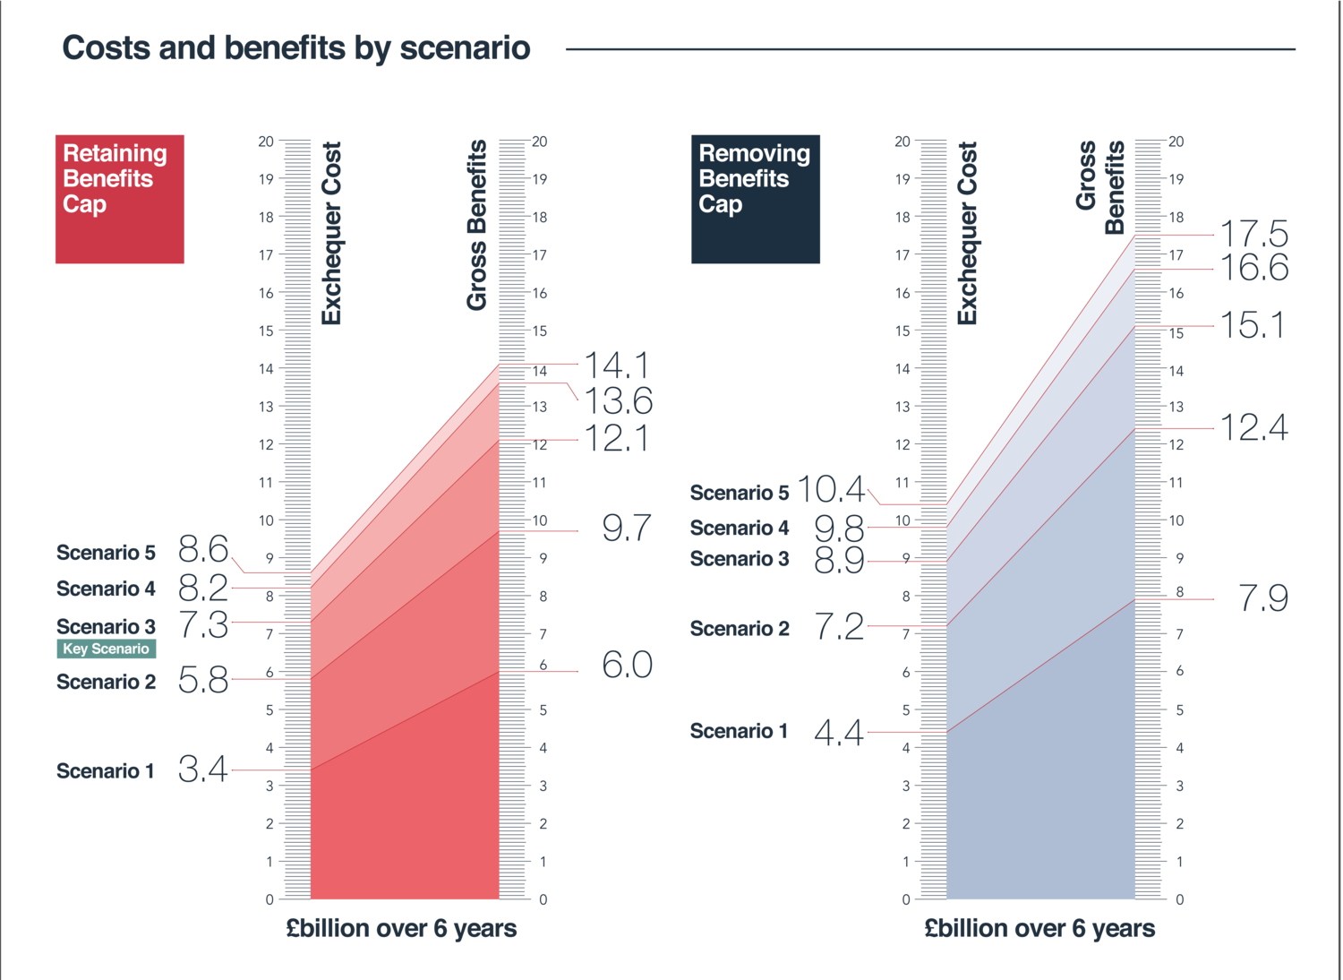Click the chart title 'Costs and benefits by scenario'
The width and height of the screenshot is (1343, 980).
pos(296,47)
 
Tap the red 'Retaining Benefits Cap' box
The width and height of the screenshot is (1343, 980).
pos(120,199)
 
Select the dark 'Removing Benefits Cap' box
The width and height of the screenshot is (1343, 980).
pos(755,199)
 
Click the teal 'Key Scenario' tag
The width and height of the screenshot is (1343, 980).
pos(106,649)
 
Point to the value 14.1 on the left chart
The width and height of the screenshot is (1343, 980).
pos(616,365)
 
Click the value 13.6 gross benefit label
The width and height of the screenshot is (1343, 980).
pos(619,400)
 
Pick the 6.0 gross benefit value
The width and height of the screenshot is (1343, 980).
pos(627,665)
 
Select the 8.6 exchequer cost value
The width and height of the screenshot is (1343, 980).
pos(203,548)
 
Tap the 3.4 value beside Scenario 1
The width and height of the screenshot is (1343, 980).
pos(203,769)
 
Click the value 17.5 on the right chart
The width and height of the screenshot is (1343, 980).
pos(1254,235)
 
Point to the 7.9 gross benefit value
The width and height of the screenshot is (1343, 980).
pos(1263,598)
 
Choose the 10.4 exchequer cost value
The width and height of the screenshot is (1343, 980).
pos(831,489)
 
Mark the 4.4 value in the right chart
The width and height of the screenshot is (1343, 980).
pos(839,733)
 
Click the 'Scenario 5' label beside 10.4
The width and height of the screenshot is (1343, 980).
pos(740,492)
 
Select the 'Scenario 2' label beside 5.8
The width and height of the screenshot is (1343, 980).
pos(106,682)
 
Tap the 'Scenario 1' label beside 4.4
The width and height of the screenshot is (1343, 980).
pos(739,731)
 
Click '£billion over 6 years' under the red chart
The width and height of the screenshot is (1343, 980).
pos(401,928)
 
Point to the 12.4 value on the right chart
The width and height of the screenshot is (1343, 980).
pos(1254,427)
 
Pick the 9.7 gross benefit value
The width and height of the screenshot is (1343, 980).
pos(627,529)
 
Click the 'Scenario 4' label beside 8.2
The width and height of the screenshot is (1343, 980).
pos(106,589)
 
